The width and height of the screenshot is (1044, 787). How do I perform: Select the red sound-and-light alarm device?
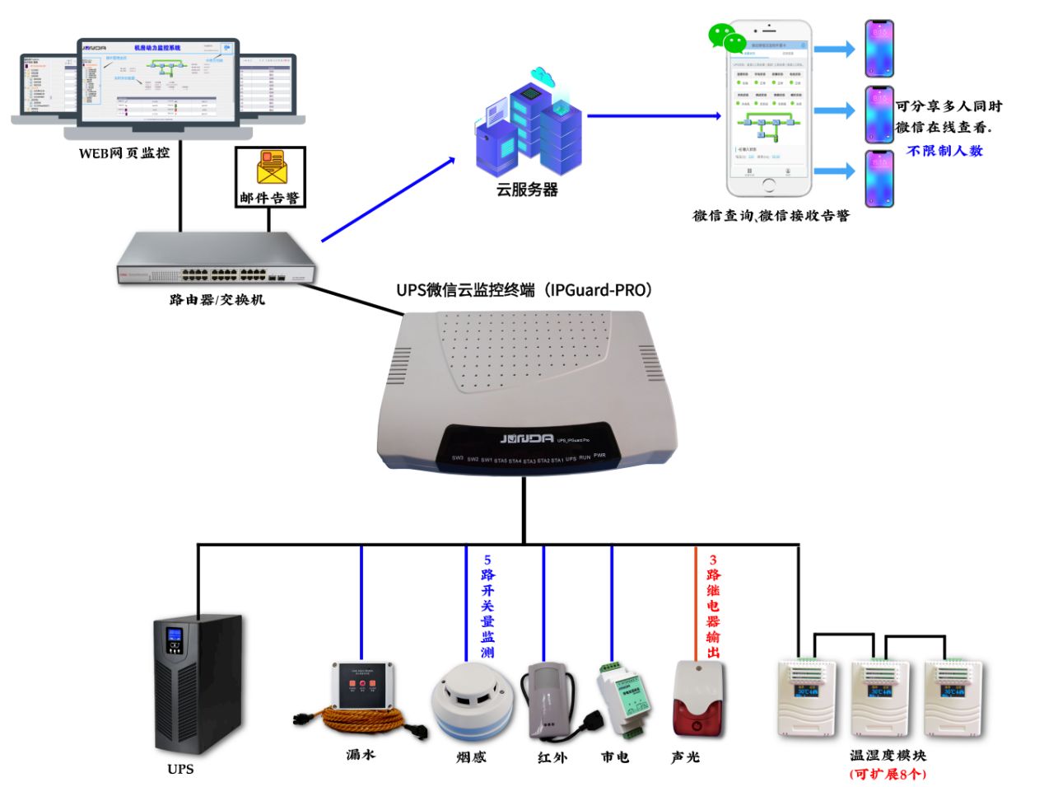click(x=698, y=699)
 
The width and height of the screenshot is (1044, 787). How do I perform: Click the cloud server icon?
click(x=529, y=124)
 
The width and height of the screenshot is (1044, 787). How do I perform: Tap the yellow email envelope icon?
click(x=270, y=168)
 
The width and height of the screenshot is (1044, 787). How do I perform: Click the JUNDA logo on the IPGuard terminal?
click(x=527, y=438)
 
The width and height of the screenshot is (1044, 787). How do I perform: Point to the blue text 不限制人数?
click(x=944, y=151)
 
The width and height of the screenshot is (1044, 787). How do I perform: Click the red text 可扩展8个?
click(x=888, y=774)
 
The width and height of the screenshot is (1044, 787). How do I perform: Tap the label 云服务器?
click(x=527, y=190)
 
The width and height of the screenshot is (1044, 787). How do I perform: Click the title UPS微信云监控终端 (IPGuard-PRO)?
click(x=524, y=290)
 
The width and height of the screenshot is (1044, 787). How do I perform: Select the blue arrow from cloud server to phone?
click(x=655, y=115)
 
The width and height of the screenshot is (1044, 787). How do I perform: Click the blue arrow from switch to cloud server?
click(x=388, y=199)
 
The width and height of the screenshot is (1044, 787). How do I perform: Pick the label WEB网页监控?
click(x=124, y=152)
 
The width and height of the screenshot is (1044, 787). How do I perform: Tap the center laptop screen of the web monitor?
click(x=158, y=80)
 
